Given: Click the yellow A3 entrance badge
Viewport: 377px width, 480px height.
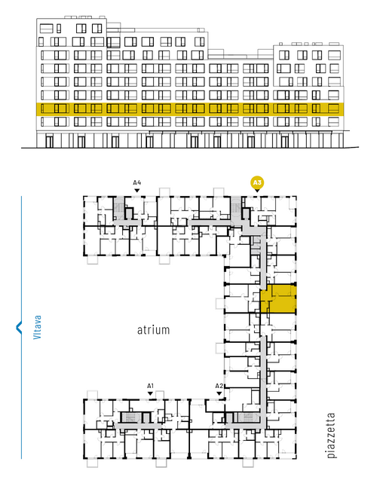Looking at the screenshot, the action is [257, 183].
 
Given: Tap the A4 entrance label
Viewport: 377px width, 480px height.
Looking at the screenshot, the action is [137, 183].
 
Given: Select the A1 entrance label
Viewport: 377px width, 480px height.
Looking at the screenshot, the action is [150, 386].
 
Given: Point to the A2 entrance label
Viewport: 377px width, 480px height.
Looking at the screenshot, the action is [219, 386].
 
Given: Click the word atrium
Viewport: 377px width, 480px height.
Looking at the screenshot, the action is [153, 330].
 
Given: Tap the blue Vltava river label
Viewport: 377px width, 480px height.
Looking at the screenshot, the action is [37, 327].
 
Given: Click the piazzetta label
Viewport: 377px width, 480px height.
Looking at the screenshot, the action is [331, 436].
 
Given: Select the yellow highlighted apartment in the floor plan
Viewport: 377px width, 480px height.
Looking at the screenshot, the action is [278, 298].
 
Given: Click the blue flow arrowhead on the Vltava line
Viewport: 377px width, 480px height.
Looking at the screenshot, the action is [19, 327].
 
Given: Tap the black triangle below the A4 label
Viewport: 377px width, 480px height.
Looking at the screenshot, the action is [137, 191].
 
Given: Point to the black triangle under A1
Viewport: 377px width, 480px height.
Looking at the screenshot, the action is [150, 393].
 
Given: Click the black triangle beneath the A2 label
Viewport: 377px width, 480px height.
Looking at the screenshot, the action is [219, 393].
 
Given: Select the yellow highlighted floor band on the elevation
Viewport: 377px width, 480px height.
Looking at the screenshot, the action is [190, 109].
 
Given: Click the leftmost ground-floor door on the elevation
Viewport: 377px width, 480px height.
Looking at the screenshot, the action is [49, 142].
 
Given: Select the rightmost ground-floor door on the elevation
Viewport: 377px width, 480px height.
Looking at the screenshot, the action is [285, 142].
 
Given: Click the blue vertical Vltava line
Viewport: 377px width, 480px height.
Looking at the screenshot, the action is [21, 327].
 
